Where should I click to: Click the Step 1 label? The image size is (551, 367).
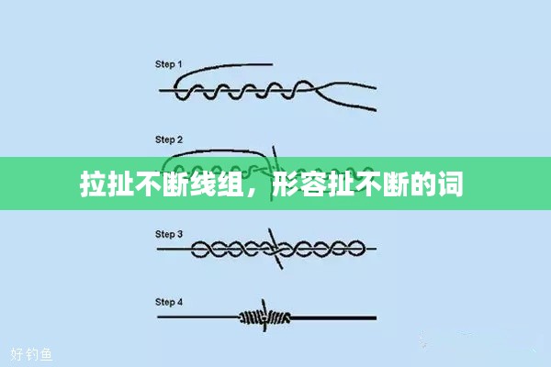point(169,64)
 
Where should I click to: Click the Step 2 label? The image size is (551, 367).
point(169,139)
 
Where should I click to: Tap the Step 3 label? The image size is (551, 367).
point(169,234)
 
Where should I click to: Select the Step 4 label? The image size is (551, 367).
point(169,302)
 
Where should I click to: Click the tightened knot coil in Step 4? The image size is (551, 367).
point(264,317)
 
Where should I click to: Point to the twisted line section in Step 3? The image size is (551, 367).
point(277,249)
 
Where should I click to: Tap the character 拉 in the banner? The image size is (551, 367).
point(93,184)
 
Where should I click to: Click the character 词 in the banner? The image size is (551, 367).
point(450,184)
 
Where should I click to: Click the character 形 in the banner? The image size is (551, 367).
point(286,184)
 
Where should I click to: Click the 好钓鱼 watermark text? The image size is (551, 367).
point(31,354)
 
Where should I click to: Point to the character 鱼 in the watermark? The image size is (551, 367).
point(46,354)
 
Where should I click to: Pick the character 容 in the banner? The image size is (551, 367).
point(313,184)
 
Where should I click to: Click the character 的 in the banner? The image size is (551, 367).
point(422,184)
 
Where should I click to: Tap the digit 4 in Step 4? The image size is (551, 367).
point(180,302)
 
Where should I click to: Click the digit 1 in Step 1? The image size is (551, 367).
point(180,64)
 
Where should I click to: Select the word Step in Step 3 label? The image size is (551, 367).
point(164,234)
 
